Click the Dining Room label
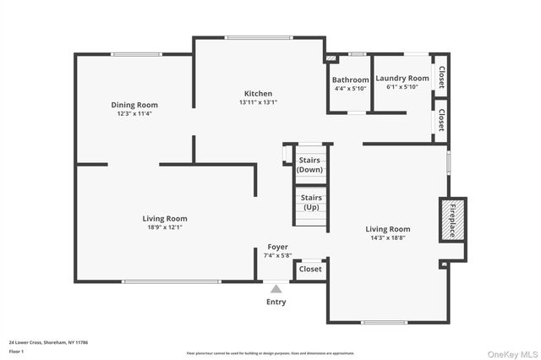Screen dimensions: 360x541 click(x=134, y=105)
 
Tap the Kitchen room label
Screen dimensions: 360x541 click(x=258, y=93)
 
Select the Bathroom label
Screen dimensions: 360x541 click(x=351, y=79)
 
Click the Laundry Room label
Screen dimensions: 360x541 click(x=402, y=78)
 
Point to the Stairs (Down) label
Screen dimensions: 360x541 click(x=309, y=164)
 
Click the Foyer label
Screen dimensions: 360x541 click(x=277, y=247)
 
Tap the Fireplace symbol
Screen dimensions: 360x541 click(x=451, y=220)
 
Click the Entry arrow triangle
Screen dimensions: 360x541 click(x=276, y=289)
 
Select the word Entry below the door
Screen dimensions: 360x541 click(x=276, y=302)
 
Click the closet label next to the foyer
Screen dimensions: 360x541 click(x=310, y=270)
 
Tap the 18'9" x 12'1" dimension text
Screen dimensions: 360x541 click(x=164, y=227)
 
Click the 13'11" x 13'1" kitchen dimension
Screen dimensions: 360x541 click(x=258, y=102)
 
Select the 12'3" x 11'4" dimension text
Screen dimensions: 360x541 click(x=134, y=114)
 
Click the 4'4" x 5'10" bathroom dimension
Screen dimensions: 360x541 click(x=351, y=88)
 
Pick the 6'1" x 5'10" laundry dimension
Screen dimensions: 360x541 click(x=402, y=86)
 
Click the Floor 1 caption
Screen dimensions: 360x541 click(x=15, y=350)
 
